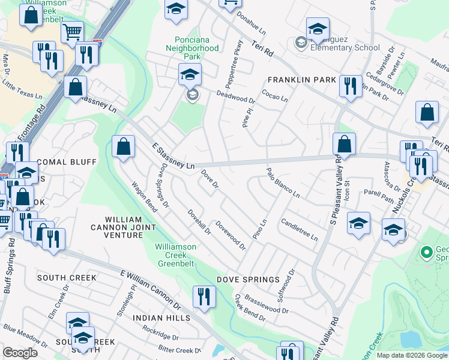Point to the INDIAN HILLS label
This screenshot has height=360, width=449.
click(x=161, y=317)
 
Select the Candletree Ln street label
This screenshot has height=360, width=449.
click(x=299, y=229)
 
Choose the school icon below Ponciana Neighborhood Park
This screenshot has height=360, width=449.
click(x=190, y=75)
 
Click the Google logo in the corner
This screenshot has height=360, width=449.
click(x=20, y=353)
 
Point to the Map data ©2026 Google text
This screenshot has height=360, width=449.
click(x=411, y=355)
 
